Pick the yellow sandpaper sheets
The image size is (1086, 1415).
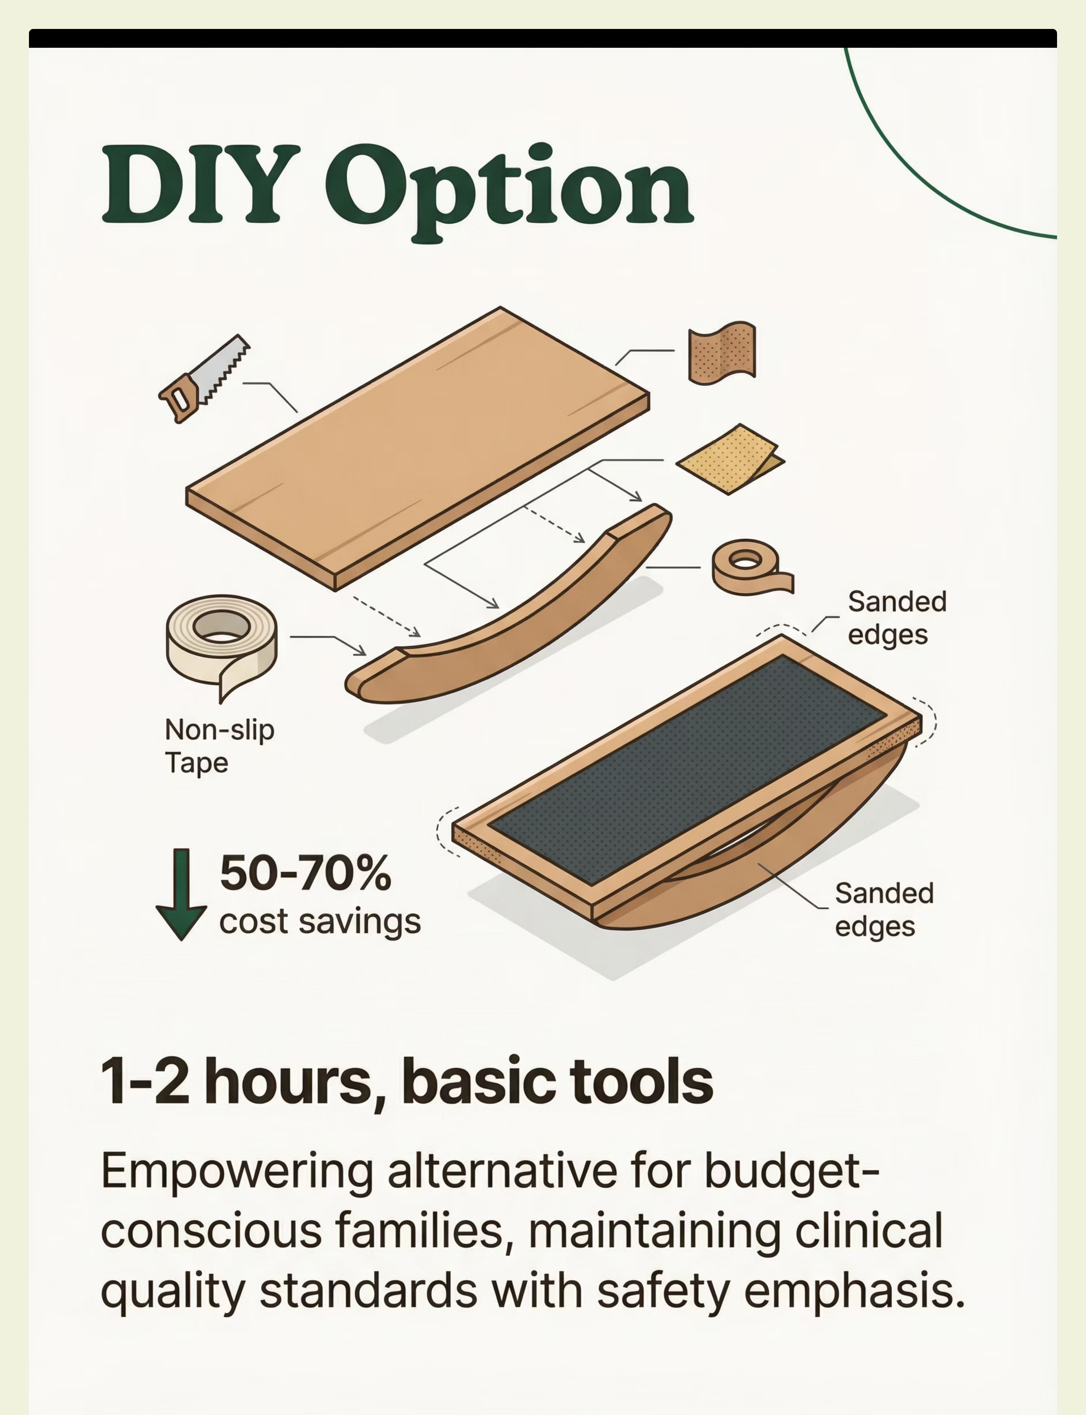[730, 459]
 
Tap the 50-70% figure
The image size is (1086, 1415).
[305, 873]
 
